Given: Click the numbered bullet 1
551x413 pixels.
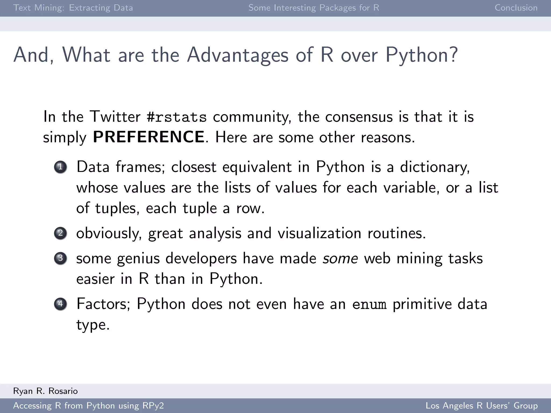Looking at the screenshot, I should [x=60, y=167].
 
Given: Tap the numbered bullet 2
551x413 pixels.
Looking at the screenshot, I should [x=60, y=233].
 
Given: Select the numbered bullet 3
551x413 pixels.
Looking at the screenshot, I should [x=60, y=258].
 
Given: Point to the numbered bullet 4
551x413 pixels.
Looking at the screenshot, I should [x=60, y=304].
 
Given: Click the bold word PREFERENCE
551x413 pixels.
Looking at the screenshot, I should [x=149, y=137].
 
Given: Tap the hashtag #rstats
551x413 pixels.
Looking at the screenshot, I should [x=177, y=117].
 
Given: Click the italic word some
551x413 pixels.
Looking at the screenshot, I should [x=340, y=259].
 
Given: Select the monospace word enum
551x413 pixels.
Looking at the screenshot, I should [x=369, y=304].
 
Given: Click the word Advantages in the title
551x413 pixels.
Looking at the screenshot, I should [x=238, y=55].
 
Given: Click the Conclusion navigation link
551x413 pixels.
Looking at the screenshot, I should [x=516, y=8].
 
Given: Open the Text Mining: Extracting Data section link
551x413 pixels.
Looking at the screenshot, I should [x=73, y=8].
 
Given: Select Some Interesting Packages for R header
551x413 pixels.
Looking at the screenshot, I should [x=314, y=8].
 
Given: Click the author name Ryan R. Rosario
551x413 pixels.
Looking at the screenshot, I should [x=45, y=391].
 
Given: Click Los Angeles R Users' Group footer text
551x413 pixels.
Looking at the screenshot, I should [x=481, y=405].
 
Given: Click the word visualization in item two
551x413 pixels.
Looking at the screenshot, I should [x=319, y=233].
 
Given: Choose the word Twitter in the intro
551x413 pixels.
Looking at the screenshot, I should [x=115, y=117].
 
